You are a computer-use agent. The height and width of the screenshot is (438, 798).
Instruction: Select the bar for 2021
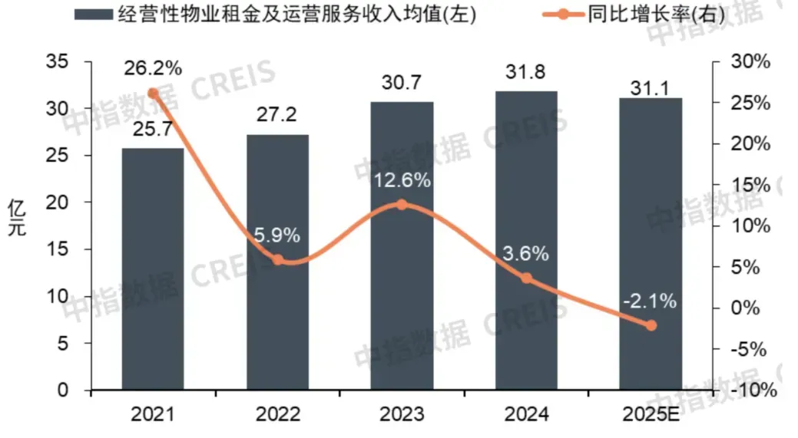tap(153, 269)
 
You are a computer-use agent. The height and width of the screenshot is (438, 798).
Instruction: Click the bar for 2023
tap(402, 245)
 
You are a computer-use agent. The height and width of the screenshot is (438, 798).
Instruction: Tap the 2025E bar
tap(651, 244)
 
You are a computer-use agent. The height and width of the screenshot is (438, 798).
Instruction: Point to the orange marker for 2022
tap(278, 260)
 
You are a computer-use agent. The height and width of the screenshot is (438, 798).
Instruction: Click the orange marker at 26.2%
tap(153, 94)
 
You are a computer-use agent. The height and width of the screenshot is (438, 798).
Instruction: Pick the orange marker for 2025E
tap(651, 325)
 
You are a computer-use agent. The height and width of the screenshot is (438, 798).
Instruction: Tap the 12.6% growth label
tap(402, 182)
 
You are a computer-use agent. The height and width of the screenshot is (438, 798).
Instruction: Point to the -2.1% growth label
tap(651, 301)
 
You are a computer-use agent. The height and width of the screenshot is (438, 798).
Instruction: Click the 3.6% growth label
tap(526, 254)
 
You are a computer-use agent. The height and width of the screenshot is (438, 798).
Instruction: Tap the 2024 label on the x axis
tap(526, 415)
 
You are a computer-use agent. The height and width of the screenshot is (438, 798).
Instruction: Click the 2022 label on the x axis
tap(277, 415)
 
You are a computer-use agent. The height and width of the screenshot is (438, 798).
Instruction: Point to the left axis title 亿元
tap(16, 218)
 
